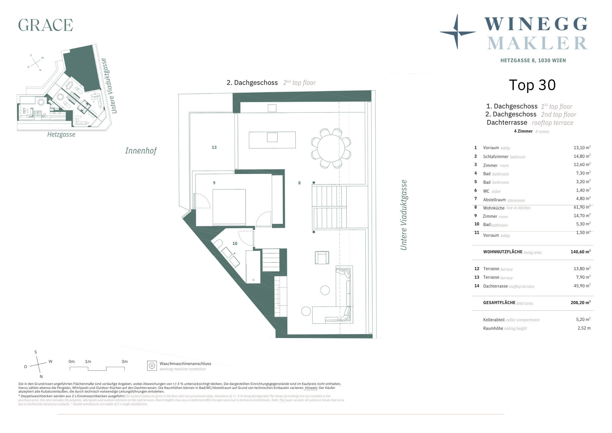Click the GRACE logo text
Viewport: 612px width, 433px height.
pos(46,25)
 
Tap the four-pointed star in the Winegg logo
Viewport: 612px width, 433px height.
pos(457,32)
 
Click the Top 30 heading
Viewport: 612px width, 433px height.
pos(532,85)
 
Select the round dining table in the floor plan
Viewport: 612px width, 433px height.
pos(331,148)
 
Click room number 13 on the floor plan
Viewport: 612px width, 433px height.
pos(214,147)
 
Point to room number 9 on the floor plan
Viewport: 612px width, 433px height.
pos(214,183)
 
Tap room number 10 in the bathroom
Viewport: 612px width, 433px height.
pos(235,243)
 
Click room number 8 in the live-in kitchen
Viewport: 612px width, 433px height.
pos(299,183)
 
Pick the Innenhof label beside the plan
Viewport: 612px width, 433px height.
pos(141,151)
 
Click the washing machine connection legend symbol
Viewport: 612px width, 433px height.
pos(152,366)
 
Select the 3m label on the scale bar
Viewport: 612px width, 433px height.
pos(125,361)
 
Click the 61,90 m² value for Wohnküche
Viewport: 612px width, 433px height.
pos(582,207)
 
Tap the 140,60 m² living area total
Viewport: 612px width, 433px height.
pos(580,252)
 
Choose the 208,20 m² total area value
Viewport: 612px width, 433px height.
pos(580,302)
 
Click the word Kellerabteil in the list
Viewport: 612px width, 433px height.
pos(494,320)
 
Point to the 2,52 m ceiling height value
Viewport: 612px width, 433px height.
pos(584,328)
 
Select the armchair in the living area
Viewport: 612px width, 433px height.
pos(322,258)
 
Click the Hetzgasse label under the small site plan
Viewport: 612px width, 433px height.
pos(61,134)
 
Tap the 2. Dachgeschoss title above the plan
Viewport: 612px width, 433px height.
pos(252,83)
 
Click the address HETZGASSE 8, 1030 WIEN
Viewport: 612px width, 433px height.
pos(533,61)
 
